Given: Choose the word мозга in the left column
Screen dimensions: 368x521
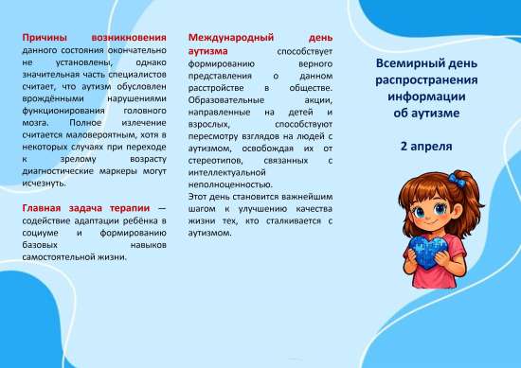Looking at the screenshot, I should [x=36, y=124].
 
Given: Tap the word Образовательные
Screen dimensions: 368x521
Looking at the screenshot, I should [x=228, y=98].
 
